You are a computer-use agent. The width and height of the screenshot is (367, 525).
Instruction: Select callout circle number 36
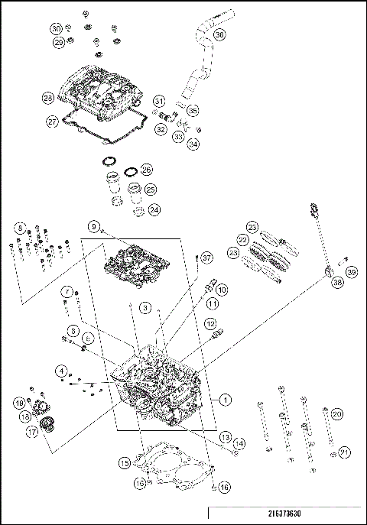(x=219, y=34)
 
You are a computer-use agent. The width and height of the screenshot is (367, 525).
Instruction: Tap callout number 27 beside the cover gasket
(x=52, y=121)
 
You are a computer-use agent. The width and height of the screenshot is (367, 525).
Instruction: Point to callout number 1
(x=226, y=399)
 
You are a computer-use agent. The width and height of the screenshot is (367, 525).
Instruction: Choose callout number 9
(x=94, y=226)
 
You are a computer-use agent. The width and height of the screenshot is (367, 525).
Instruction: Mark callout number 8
(x=21, y=228)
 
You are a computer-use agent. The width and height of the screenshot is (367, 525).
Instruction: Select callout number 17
(x=34, y=431)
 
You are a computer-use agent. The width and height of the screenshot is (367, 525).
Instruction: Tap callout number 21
(x=345, y=453)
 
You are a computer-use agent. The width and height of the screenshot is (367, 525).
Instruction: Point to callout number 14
(x=239, y=443)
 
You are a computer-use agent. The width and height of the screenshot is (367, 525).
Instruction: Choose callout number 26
(x=146, y=169)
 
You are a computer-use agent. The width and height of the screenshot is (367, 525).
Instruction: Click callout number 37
(x=206, y=258)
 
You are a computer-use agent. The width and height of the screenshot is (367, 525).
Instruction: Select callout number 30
(x=57, y=28)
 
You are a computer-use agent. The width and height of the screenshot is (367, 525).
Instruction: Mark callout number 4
(x=59, y=371)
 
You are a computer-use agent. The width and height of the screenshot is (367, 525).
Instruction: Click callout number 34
(x=193, y=143)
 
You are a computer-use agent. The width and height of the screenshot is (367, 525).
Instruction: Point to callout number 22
(x=242, y=239)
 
